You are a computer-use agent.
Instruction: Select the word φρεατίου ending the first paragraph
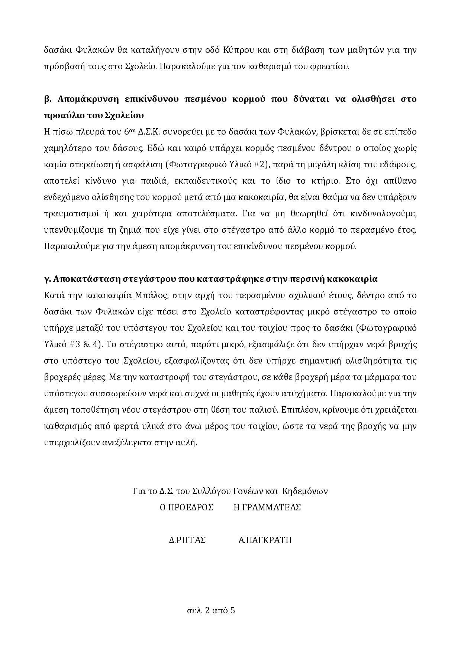pos(333,67)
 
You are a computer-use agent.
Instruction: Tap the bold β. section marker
pos(48,99)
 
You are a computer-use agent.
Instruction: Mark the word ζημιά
pos(142,230)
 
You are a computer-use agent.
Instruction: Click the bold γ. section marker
pos(47,279)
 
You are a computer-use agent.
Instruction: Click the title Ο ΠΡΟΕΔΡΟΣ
pos(187,507)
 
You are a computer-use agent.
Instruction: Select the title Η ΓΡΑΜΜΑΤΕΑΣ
pos(267,507)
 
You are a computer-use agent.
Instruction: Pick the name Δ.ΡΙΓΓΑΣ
pos(187,540)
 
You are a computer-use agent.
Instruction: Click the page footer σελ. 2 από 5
pos(211,610)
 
